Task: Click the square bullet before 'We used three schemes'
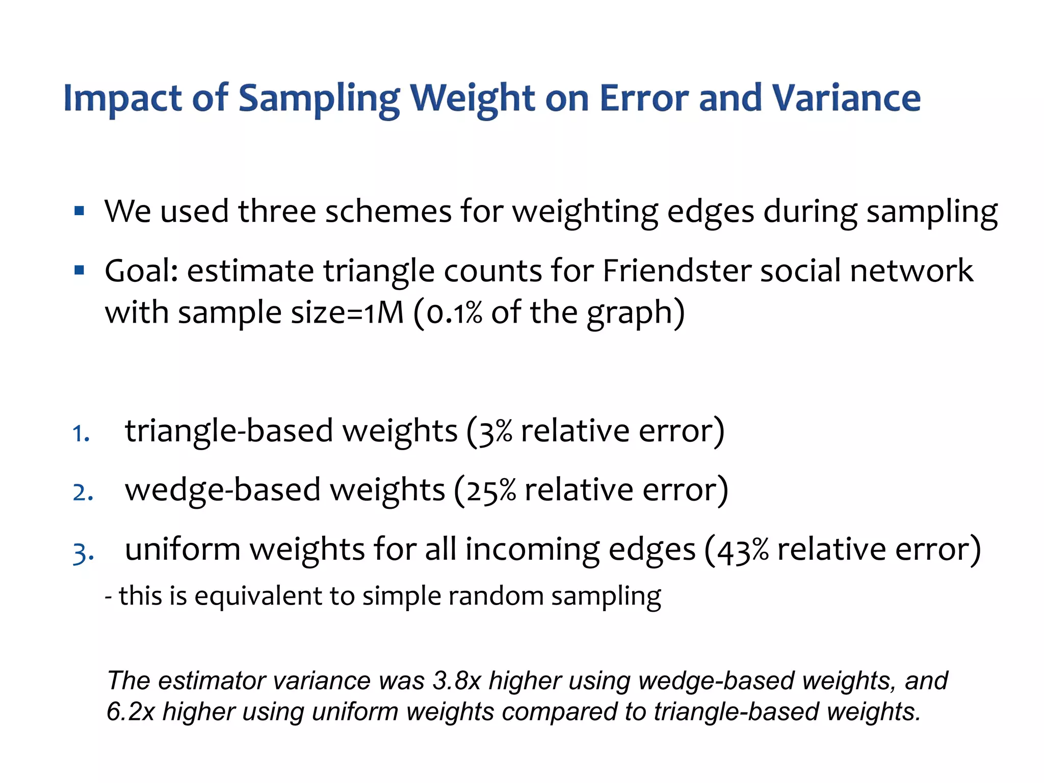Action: click(x=79, y=211)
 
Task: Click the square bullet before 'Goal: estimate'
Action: click(x=79, y=270)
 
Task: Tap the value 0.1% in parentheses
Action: click(x=454, y=312)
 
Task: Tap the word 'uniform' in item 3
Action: click(x=182, y=550)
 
